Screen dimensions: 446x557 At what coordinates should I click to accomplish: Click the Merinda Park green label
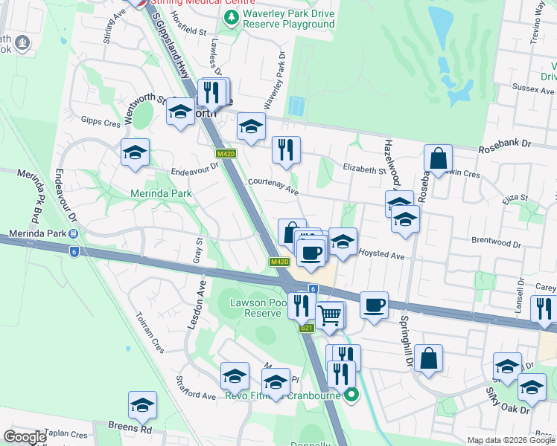click(161, 193)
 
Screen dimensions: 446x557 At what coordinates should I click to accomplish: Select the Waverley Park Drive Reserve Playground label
click(288, 19)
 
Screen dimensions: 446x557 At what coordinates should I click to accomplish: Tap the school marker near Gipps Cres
click(135, 152)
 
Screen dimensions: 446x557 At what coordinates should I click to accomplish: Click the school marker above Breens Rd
click(142, 405)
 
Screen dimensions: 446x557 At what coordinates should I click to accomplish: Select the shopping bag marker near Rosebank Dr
click(439, 158)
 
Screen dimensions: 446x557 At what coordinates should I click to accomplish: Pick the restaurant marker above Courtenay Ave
click(285, 150)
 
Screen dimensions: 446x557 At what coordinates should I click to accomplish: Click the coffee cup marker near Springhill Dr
click(374, 305)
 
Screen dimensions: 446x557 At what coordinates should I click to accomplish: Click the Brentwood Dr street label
click(496, 243)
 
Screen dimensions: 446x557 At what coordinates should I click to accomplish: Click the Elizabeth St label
click(363, 169)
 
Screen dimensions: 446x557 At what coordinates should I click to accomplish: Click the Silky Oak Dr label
click(508, 400)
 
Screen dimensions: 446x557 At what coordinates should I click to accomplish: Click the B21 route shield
click(306, 328)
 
